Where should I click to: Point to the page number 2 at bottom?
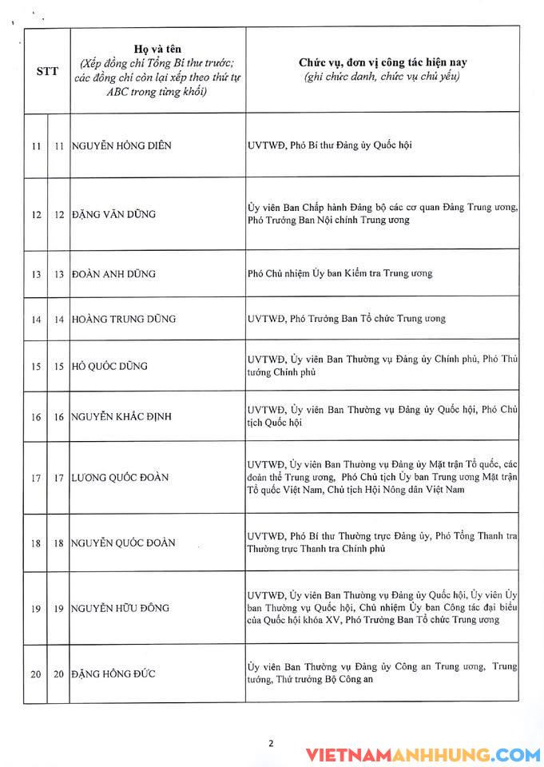pos(271,743)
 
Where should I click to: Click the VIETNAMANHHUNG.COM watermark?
pos(423,754)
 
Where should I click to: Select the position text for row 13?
pos(340,273)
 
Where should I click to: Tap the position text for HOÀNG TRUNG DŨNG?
pos(347,318)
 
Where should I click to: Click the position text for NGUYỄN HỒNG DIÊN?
pos(329,145)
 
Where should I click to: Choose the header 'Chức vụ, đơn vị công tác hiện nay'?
pos(380,62)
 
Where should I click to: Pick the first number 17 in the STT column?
pos(35,478)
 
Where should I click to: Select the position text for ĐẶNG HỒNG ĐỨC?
pos(382,673)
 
